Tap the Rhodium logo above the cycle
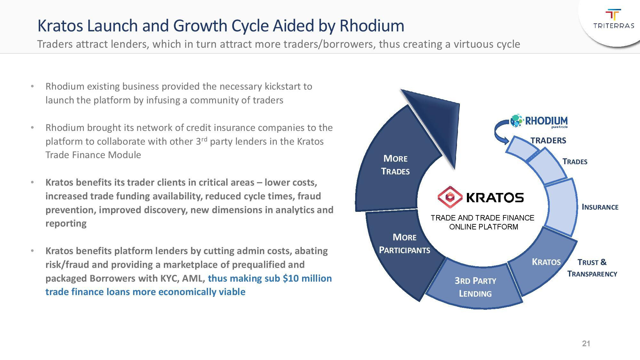(539, 121)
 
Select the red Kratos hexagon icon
(450, 197)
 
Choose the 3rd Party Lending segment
(475, 287)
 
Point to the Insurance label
(600, 207)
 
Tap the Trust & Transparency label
(592, 268)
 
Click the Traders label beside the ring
(548, 140)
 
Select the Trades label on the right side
(575, 162)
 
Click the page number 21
(586, 344)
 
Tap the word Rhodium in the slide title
(372, 26)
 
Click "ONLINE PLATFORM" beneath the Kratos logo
(484, 227)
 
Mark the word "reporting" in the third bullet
(66, 223)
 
